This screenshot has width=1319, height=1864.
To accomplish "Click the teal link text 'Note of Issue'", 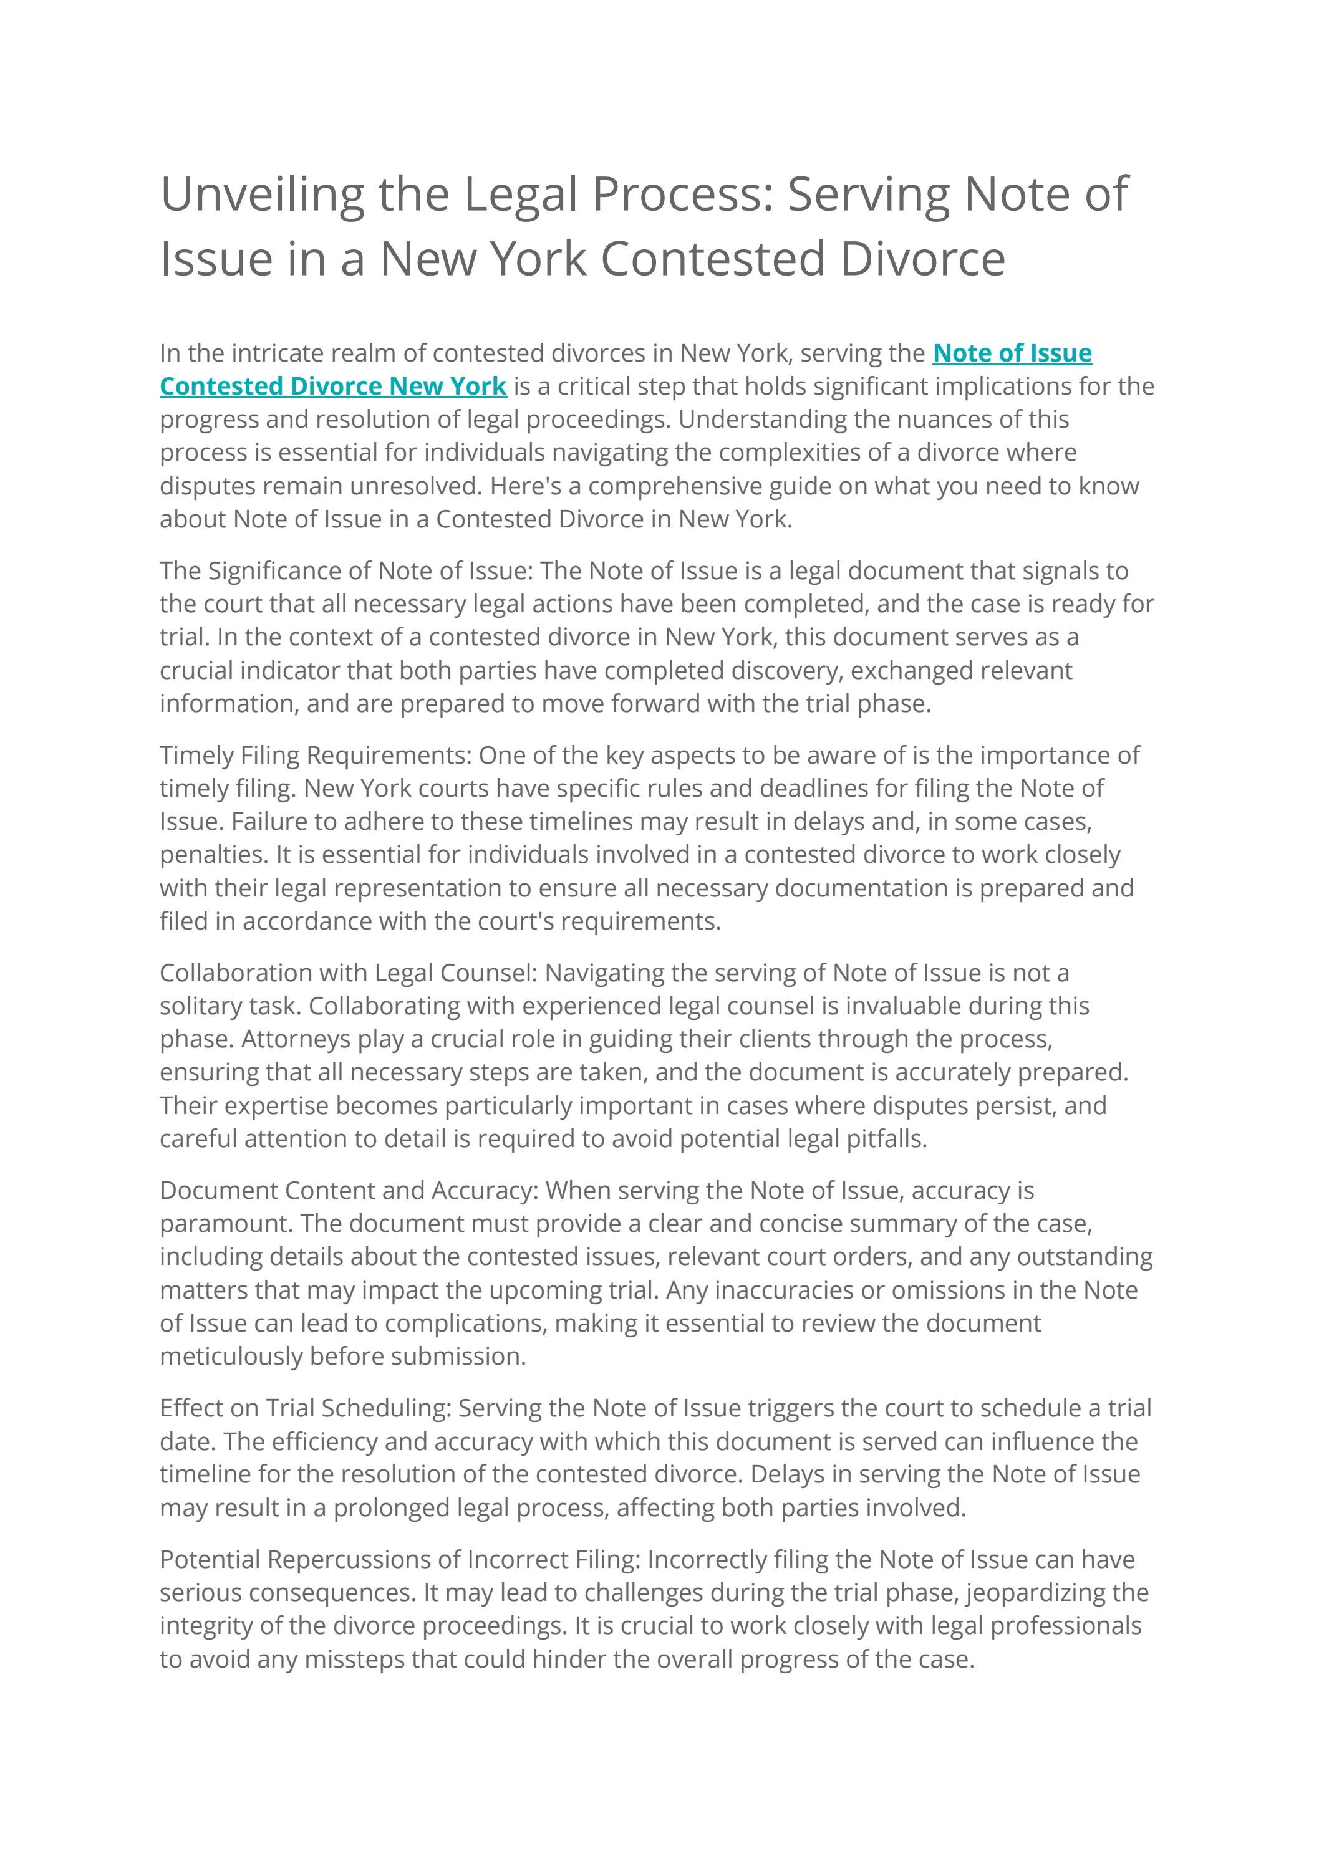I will (1012, 353).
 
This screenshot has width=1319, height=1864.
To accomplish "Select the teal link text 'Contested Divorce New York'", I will (333, 386).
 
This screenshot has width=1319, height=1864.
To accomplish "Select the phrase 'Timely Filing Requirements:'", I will (315, 755).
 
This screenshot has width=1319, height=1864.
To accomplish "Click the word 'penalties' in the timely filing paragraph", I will (212, 855).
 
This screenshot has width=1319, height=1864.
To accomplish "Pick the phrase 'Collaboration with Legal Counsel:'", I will (349, 973).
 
